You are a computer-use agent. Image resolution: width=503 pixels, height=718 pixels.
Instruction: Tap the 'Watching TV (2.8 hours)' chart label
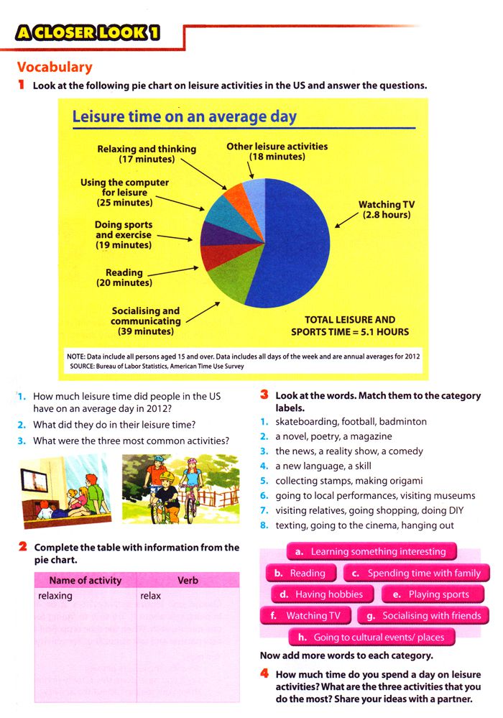click(x=387, y=210)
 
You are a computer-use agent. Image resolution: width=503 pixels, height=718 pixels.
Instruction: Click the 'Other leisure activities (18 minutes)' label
click(x=277, y=151)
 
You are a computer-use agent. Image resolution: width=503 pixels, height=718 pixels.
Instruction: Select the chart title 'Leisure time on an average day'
click(x=185, y=116)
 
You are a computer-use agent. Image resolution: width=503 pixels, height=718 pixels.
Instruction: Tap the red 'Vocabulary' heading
click(x=55, y=68)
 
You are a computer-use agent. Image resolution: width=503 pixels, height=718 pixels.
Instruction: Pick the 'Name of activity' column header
click(x=85, y=580)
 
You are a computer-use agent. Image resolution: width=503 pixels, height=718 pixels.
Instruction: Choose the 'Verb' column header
click(x=188, y=580)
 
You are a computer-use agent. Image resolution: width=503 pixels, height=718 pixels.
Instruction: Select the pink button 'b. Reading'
click(x=300, y=574)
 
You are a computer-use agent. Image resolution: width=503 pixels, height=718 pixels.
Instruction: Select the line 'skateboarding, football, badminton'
click(x=351, y=422)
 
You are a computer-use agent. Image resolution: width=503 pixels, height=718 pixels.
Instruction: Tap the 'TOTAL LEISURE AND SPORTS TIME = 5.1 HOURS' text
click(x=350, y=326)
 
